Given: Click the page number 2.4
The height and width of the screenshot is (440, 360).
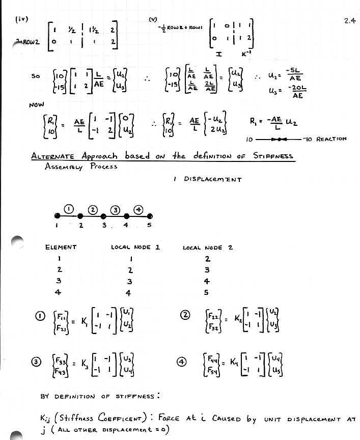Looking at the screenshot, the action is pyautogui.click(x=349, y=21).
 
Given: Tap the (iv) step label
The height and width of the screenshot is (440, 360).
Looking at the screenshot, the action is pyautogui.click(x=21, y=19).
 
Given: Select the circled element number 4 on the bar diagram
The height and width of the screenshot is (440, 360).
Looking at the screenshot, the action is pyautogui.click(x=140, y=209).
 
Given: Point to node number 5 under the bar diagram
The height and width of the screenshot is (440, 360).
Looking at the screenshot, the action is pyautogui.click(x=150, y=225).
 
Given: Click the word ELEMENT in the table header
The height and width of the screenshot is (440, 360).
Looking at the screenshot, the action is pyautogui.click(x=61, y=248).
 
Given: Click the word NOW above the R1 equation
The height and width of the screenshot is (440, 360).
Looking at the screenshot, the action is pyautogui.click(x=37, y=106).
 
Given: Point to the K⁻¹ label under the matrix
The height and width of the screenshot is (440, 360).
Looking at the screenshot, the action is pyautogui.click(x=247, y=52).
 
